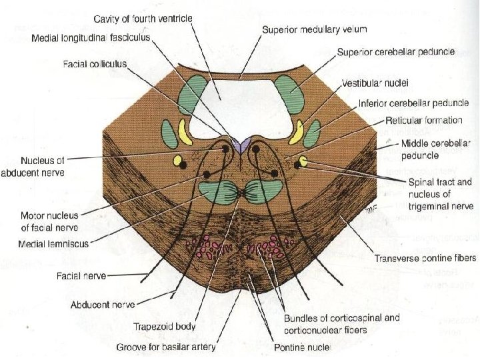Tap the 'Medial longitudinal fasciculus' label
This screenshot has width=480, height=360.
pos(92,37)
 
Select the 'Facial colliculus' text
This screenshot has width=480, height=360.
pos(95,64)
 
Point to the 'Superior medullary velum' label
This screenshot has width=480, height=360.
pos(314,30)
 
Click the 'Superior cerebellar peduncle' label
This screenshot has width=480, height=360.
pos(396,51)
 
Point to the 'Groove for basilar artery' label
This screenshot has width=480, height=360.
pos(166,347)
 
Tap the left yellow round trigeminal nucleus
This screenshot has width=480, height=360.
pos(177,160)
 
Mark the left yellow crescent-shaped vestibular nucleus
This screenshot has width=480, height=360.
pos(183,133)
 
